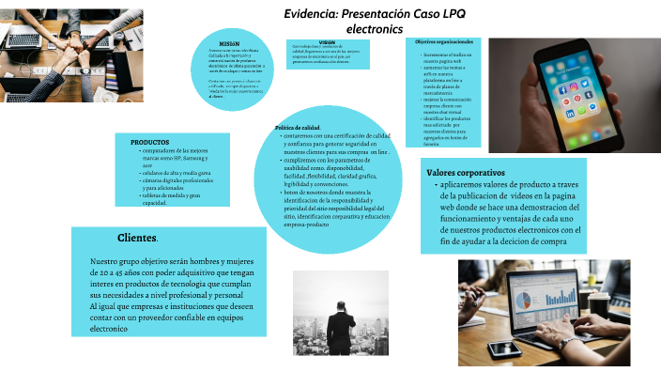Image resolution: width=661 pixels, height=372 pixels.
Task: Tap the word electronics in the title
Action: pyautogui.click(x=374, y=30)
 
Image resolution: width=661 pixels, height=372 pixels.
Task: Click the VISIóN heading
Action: pyautogui.click(x=327, y=42)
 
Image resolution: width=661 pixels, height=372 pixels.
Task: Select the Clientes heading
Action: pyautogui.click(x=137, y=237)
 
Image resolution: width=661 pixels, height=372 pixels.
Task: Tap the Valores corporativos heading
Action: pyautogui.click(x=466, y=173)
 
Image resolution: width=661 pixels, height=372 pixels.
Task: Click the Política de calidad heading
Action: pyautogui.click(x=298, y=128)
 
